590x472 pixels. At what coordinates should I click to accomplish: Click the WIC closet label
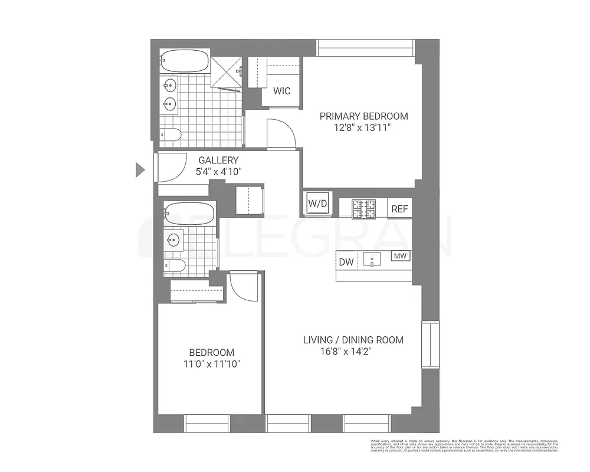pos(282,91)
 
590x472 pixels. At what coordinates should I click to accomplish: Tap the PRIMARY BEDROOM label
pos(363,116)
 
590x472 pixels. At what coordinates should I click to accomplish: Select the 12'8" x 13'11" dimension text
pos(363,127)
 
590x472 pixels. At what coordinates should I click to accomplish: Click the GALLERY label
pos(218,160)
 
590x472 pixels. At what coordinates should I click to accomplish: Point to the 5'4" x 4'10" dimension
pos(218,172)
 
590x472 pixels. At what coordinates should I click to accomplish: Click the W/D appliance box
pos(317,204)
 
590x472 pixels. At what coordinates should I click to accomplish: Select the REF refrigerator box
pos(399,208)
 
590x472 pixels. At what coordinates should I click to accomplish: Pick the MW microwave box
pos(401,256)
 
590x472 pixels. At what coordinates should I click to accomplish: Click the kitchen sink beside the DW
pos(373,259)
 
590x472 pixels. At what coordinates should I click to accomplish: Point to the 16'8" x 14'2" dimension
pos(345,352)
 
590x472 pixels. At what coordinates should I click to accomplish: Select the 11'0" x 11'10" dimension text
pos(212,363)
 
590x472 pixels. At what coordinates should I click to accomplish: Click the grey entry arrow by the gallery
pos(140,170)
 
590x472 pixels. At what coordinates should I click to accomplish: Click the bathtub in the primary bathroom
pos(184,61)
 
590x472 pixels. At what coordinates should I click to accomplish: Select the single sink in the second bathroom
pos(173,240)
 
